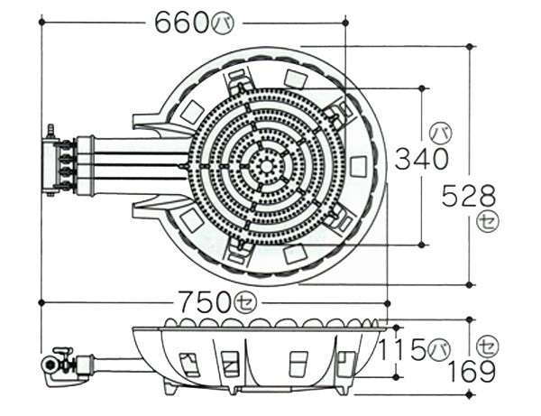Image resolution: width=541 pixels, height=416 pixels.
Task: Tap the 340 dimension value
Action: point(421,159)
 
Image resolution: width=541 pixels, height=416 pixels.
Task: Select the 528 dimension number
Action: point(469,196)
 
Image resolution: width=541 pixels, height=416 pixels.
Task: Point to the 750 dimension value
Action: point(206,302)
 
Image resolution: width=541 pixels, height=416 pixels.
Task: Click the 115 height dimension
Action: point(402,349)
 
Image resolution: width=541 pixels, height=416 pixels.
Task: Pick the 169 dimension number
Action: point(472,372)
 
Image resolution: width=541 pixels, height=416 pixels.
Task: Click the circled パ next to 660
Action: point(223,24)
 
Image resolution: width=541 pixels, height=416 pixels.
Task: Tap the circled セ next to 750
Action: point(245,303)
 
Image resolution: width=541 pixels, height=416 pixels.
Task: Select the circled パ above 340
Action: point(441,134)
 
